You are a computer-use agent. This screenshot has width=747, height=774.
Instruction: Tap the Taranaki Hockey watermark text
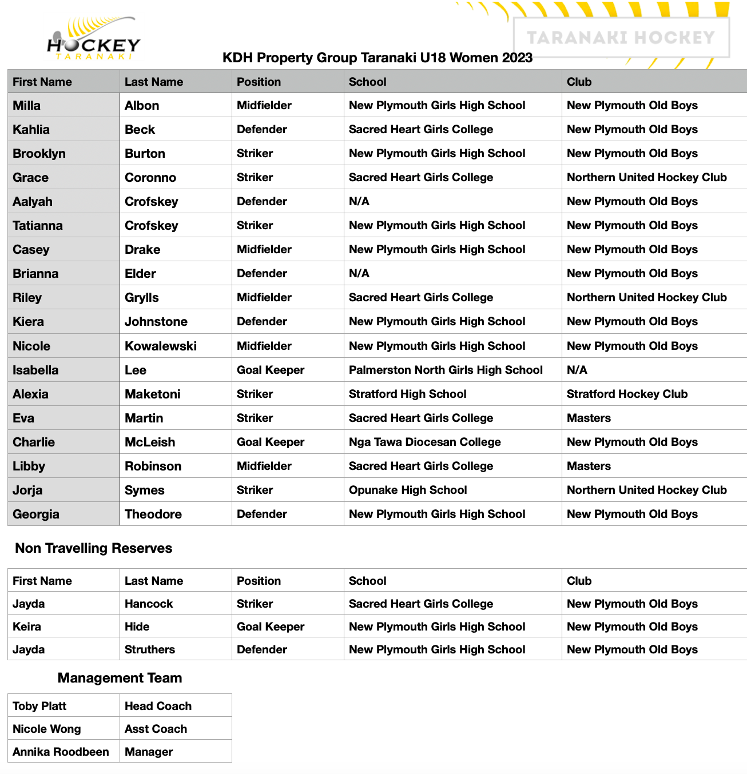(x=621, y=38)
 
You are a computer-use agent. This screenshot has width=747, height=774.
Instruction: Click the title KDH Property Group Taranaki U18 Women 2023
(x=378, y=58)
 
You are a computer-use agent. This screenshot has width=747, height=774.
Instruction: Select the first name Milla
(x=27, y=106)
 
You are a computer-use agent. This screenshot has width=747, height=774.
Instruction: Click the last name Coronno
(x=150, y=178)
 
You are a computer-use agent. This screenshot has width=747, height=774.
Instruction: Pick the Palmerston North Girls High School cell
(x=446, y=370)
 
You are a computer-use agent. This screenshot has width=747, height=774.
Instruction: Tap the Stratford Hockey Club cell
(x=627, y=394)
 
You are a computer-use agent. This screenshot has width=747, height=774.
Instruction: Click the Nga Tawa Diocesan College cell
(x=424, y=442)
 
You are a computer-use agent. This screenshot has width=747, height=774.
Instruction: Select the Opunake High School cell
(x=408, y=490)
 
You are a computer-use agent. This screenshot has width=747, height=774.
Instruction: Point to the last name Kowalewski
(x=161, y=346)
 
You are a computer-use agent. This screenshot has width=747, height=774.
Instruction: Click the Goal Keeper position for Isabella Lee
(x=271, y=370)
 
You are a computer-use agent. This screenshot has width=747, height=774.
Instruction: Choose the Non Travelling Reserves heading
(x=93, y=548)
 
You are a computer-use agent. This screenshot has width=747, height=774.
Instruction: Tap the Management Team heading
(x=120, y=678)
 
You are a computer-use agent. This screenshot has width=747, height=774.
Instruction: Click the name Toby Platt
(x=39, y=706)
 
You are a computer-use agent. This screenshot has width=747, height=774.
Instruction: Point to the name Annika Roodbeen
(x=61, y=752)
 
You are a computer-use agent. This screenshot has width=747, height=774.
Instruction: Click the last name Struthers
(x=150, y=649)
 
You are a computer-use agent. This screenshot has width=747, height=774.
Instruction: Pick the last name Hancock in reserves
(x=149, y=604)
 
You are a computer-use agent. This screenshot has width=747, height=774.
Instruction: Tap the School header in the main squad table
(x=368, y=82)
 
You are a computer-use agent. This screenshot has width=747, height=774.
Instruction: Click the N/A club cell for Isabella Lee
(x=577, y=370)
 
